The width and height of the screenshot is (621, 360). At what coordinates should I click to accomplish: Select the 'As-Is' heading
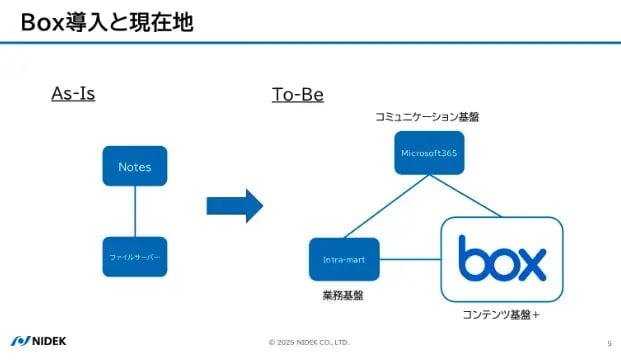coord(79,94)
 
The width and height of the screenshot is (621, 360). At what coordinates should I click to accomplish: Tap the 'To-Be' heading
coord(297,95)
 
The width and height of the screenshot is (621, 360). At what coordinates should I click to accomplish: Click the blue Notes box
coord(134,166)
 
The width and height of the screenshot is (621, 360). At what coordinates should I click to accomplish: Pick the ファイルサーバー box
coord(134,257)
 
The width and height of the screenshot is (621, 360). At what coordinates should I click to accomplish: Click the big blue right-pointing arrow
coord(234,206)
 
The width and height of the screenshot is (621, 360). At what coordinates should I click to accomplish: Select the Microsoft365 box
coord(428,153)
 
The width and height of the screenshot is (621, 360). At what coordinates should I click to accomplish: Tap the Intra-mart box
coord(343,259)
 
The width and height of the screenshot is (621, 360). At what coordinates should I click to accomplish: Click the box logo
coord(502,259)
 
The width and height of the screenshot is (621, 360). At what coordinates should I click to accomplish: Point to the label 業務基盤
coord(342,297)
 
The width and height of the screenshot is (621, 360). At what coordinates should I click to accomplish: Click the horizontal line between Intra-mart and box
coord(409,259)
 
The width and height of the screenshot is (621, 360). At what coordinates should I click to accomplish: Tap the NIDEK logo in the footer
coord(40,341)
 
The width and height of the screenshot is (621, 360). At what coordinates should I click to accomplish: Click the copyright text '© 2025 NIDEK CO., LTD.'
coord(309,342)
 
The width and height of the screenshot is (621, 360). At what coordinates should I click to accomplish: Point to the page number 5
coord(608,342)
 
